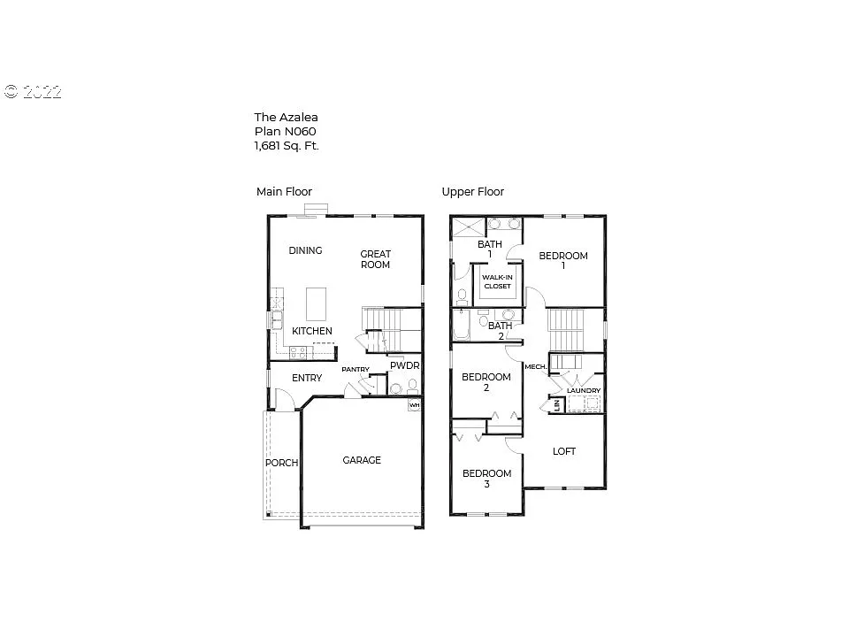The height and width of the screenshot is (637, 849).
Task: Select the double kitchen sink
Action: (277, 319)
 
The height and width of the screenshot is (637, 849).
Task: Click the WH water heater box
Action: (414, 406)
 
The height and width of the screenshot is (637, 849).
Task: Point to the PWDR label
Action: (404, 365)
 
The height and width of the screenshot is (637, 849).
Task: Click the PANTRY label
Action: (356, 370)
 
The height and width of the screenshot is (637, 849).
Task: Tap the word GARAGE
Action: (362, 460)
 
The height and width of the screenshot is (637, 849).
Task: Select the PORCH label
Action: (281, 463)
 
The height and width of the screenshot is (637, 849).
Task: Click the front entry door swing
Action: (282, 401)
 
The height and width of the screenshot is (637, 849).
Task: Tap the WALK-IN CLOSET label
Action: (496, 281)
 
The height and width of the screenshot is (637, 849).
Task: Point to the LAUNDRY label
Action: (584, 390)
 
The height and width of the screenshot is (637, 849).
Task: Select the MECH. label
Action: (535, 366)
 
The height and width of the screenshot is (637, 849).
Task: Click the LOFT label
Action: (564, 451)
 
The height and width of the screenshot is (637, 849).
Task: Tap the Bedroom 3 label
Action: (486, 479)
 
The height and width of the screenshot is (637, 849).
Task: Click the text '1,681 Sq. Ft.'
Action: (287, 146)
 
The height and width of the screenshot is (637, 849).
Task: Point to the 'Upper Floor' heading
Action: (472, 191)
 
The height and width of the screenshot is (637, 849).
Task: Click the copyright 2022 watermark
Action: (33, 91)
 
